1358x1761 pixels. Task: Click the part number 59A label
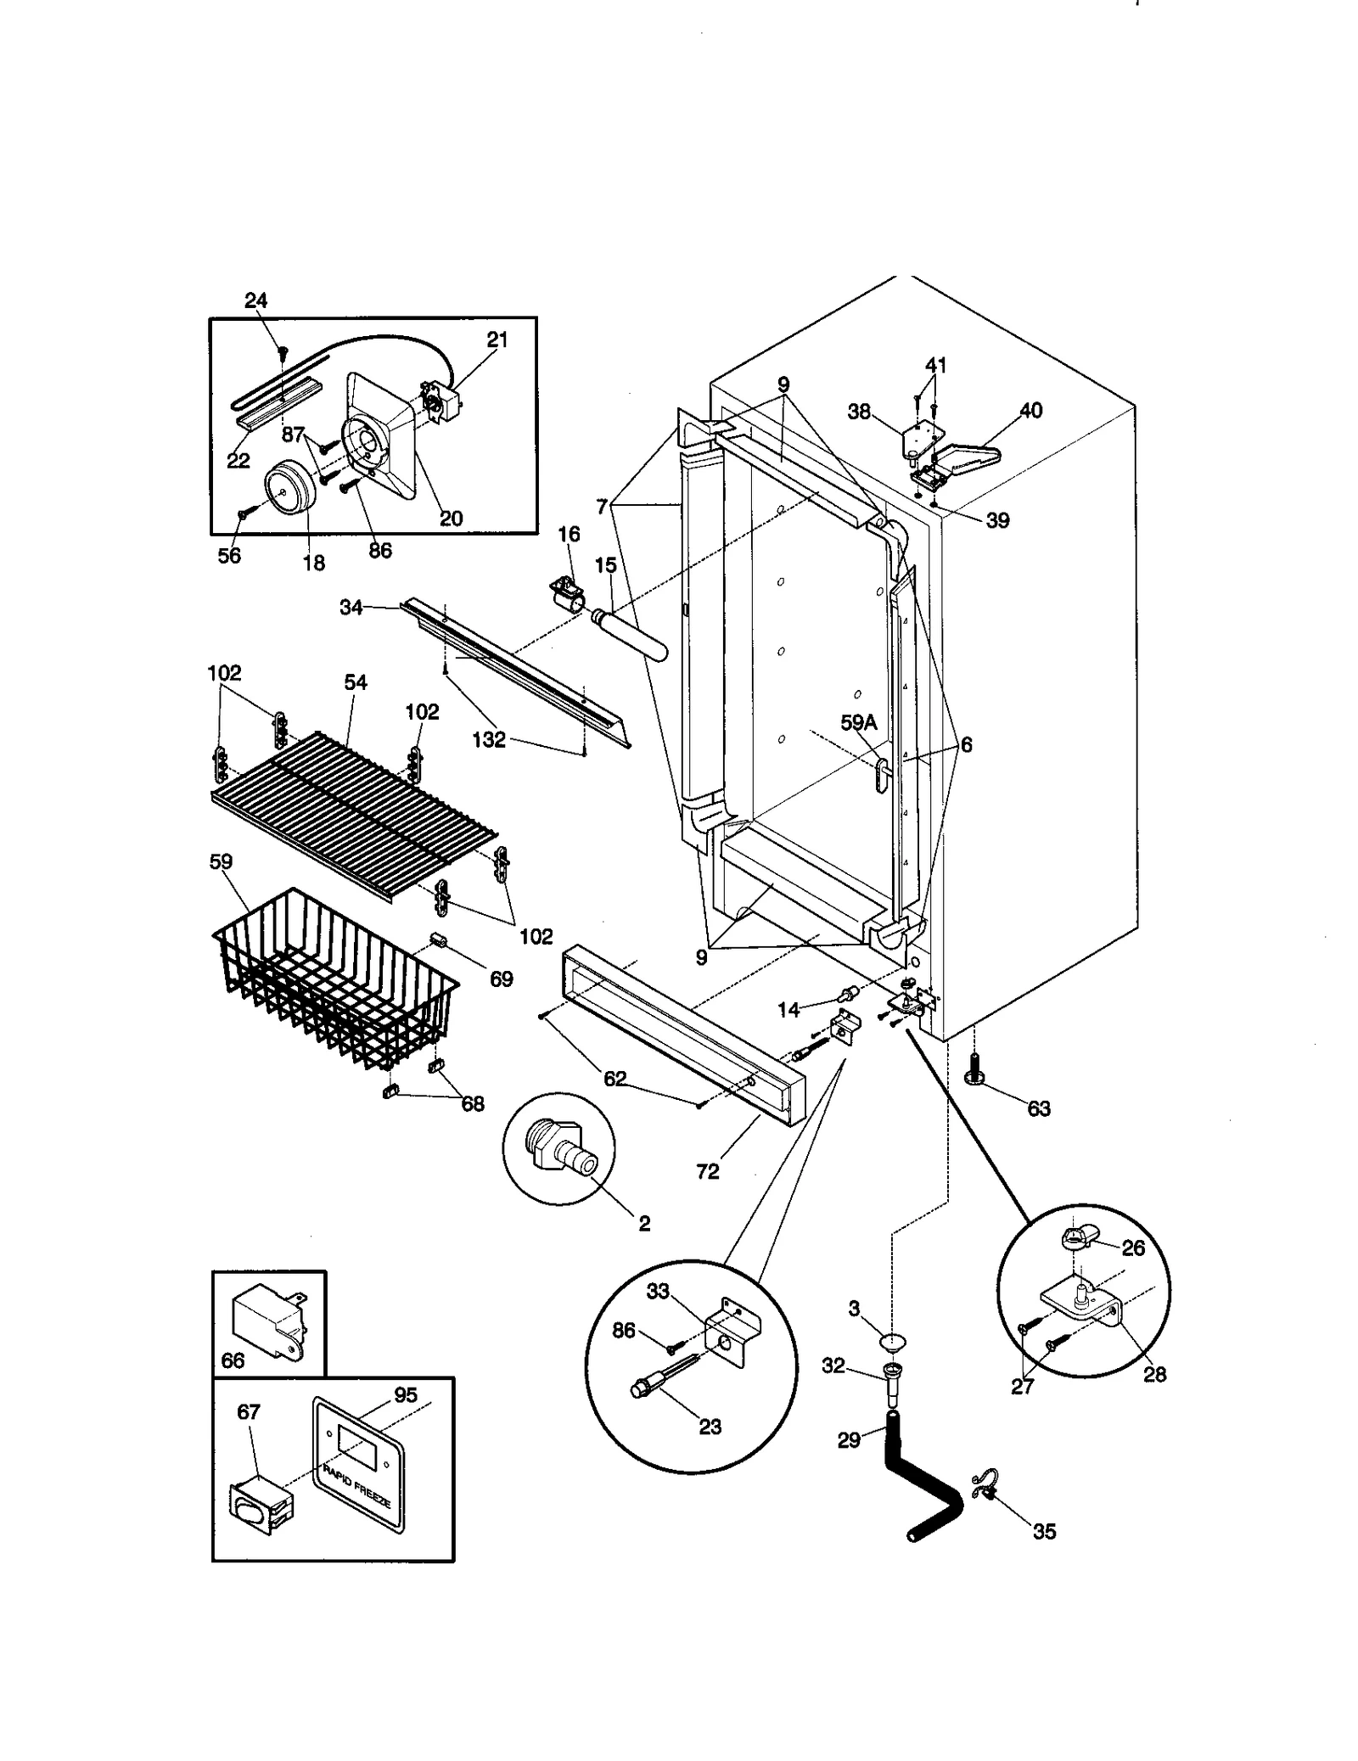click(857, 722)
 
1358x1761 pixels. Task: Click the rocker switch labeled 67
click(259, 1513)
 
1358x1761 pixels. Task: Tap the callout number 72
click(707, 1171)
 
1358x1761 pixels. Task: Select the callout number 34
click(351, 608)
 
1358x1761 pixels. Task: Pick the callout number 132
click(489, 739)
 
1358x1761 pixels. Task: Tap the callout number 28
click(1154, 1374)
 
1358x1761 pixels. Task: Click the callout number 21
click(497, 339)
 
